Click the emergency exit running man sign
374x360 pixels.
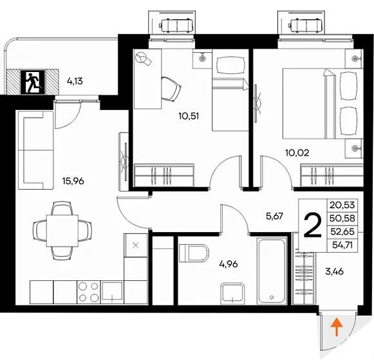tap(33, 82)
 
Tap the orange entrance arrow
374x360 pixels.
tap(336, 327)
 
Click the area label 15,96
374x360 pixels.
tap(73, 181)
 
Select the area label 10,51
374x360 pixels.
tap(189, 116)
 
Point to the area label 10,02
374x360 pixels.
tap(297, 153)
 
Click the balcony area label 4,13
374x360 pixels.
tap(75, 81)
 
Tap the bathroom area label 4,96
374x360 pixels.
tap(229, 264)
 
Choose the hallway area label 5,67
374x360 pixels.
tap(274, 216)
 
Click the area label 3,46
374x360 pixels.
tap(334, 271)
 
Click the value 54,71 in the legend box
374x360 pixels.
tap(342, 245)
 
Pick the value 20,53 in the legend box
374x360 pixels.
tap(342, 205)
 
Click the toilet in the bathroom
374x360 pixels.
tap(194, 253)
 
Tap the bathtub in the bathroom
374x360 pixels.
tap(272, 271)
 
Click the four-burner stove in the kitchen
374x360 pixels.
tap(89, 292)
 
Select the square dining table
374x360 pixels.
tap(62, 231)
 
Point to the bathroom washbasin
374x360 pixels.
tap(232, 294)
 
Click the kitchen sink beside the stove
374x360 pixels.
tap(112, 292)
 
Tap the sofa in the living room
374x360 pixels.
tap(35, 150)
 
